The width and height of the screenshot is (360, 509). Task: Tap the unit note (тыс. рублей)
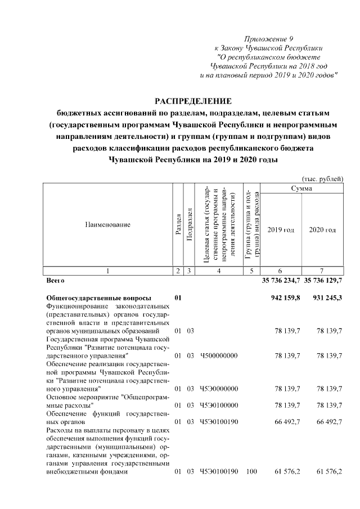(322, 178)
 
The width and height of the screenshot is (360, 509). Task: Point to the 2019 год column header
(281, 229)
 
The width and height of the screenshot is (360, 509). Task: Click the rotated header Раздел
(178, 224)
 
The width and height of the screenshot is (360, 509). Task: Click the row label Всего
(55, 280)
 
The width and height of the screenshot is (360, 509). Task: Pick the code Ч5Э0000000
(219, 389)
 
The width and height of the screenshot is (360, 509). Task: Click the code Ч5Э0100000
(219, 405)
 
